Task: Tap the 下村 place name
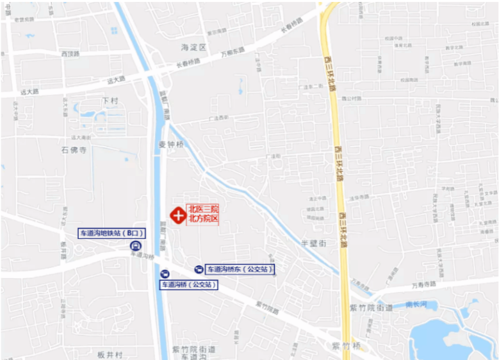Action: tap(110, 101)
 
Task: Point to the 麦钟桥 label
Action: tap(171, 145)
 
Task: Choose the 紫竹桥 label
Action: tap(344, 346)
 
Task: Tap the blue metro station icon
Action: tap(136, 245)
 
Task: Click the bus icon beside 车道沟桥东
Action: tap(199, 270)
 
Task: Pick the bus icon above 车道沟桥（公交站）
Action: tap(165, 274)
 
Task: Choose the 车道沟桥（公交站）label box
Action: tap(188, 284)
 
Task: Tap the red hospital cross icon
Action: tap(177, 214)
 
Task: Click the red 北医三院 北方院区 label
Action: tap(203, 214)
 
